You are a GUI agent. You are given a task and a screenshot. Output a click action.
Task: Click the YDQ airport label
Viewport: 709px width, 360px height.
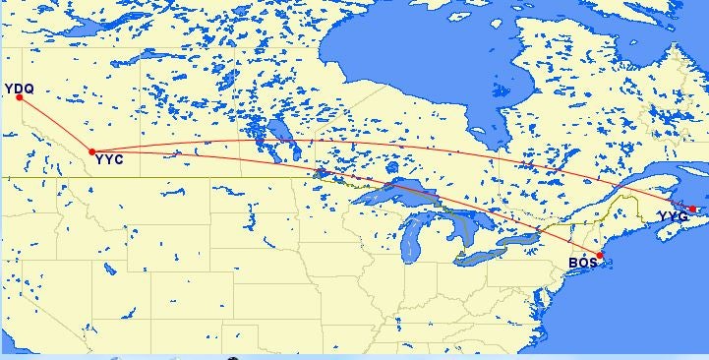point(21,89)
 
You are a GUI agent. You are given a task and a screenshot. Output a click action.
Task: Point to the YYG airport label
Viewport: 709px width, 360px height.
point(674,216)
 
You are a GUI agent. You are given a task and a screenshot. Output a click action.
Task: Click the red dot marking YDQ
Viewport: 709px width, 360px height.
point(19,97)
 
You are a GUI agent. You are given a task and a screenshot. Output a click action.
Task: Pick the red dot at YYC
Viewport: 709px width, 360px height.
point(91,151)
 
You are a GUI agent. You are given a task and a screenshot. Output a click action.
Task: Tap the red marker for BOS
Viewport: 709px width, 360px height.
point(600,256)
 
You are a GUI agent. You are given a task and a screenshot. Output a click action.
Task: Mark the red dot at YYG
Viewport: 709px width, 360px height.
point(693,209)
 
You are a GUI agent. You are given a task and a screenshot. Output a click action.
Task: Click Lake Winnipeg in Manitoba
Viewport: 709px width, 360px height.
point(278,133)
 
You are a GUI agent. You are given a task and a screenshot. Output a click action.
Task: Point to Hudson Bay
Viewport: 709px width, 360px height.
point(413,49)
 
